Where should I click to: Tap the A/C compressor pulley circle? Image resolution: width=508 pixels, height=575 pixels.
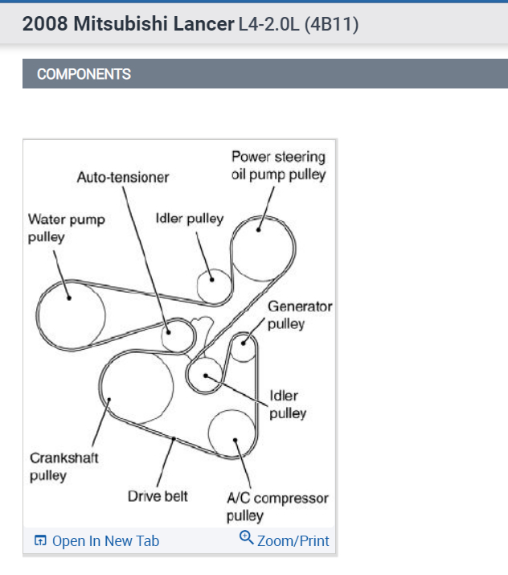click(x=233, y=435)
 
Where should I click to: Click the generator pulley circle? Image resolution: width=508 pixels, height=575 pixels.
click(x=244, y=348)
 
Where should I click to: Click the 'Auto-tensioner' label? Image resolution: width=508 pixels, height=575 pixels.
click(x=123, y=176)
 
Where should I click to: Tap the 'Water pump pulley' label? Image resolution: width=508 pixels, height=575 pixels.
click(x=66, y=228)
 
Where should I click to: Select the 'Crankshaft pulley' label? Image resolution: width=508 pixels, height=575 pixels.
click(x=64, y=466)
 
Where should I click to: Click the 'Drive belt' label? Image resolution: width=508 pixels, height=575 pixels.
click(x=158, y=496)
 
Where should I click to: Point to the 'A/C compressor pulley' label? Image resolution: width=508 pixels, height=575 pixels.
click(x=277, y=507)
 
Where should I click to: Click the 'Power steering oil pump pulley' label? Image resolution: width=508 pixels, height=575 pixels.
click(x=278, y=165)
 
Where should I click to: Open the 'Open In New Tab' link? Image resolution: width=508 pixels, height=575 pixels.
click(x=105, y=541)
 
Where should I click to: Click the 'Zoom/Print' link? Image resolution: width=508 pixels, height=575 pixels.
click(x=293, y=541)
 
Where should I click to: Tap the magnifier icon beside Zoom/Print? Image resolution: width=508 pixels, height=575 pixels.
click(x=247, y=538)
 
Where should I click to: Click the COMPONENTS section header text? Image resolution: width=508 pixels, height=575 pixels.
click(x=84, y=74)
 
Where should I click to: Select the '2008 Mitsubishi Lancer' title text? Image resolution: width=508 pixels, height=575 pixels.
click(x=127, y=24)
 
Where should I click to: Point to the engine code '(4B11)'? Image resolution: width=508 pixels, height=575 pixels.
click(x=331, y=25)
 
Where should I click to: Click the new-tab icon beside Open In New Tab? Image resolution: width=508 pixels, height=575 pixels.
click(x=41, y=541)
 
